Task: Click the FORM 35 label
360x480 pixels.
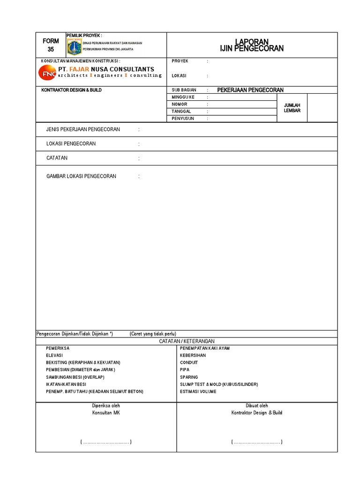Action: coord(51,45)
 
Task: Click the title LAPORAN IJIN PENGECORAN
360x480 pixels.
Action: coord(252,45)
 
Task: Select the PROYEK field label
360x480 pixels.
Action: coord(180,61)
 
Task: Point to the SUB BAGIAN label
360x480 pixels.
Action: coord(184,90)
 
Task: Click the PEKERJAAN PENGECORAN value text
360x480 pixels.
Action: coord(250,90)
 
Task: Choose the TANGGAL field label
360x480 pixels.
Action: coord(181,112)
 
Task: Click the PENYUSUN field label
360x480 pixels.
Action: coord(183,119)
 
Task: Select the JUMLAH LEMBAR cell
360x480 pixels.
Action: coord(292,108)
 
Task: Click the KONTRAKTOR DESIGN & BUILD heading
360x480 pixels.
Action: coord(71,90)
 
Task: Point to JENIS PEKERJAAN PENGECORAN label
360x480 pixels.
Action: coord(83,129)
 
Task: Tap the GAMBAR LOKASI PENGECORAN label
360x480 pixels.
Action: coord(81,176)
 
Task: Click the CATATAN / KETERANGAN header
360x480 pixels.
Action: coord(187,341)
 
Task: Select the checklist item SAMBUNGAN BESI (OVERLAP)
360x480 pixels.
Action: coord(75,377)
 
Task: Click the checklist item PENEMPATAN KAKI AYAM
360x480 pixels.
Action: coord(205,348)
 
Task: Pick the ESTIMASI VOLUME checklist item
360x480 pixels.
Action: coord(198,391)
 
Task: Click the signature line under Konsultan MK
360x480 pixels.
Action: coord(106,442)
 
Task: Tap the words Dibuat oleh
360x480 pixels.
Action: coord(257,405)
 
